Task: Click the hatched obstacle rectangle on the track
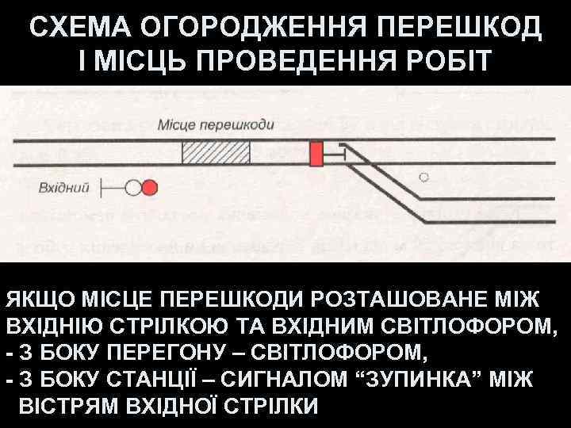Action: (x=216, y=151)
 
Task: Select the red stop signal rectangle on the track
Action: (x=317, y=153)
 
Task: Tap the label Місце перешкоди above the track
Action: (x=216, y=124)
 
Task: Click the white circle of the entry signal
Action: (x=133, y=188)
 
